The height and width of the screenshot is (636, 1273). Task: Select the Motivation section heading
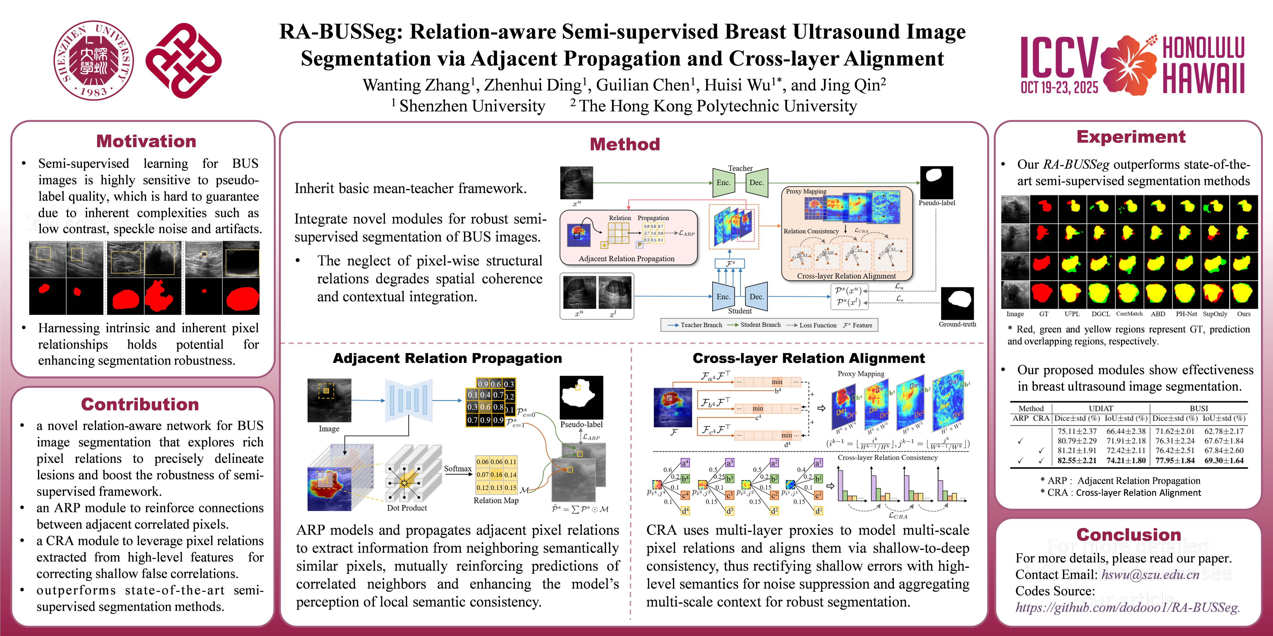[146, 141]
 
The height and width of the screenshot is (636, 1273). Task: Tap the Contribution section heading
[140, 404]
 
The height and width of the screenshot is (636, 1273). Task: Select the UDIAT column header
[1101, 408]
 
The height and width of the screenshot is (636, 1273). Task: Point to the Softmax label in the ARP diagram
[458, 469]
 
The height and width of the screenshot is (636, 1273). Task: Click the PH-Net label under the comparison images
[1186, 314]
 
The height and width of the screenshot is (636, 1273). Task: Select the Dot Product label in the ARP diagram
[407, 508]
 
